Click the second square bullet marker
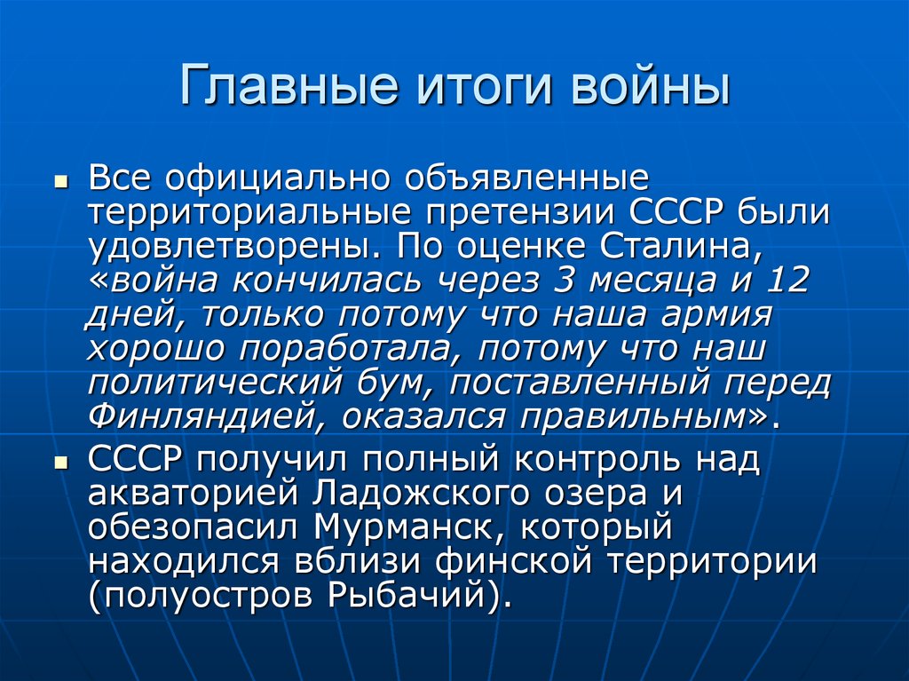click(x=60, y=464)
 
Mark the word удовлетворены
click(x=235, y=246)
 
